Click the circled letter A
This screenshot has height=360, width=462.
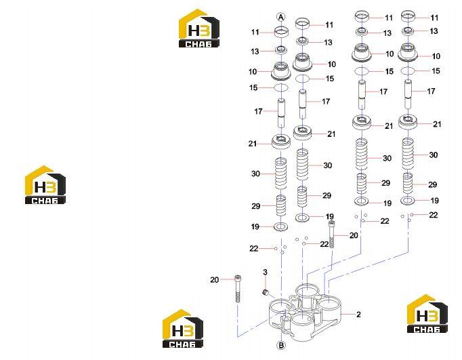click(x=281, y=17)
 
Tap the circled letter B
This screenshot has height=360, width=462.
click(x=281, y=345)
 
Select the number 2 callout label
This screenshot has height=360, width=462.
click(x=358, y=315)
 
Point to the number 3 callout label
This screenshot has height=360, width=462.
click(x=265, y=272)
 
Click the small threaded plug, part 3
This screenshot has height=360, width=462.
click(x=266, y=292)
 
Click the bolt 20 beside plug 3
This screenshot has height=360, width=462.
click(x=238, y=289)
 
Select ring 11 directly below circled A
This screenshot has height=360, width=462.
click(x=281, y=32)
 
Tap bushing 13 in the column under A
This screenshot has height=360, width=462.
click(x=281, y=50)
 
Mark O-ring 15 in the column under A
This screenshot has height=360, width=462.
click(x=281, y=87)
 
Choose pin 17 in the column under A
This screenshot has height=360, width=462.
click(x=281, y=113)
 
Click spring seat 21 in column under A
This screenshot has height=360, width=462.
click(x=281, y=142)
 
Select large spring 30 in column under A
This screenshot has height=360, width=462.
click(x=281, y=173)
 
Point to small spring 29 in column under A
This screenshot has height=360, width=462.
click(x=281, y=205)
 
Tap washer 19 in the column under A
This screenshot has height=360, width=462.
click(x=281, y=226)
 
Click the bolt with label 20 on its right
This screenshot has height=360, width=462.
click(x=332, y=235)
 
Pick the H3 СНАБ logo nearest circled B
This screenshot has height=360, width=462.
click(x=183, y=328)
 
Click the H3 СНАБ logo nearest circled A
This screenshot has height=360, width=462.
click(x=199, y=28)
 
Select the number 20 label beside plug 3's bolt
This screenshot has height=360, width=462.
click(x=215, y=279)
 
